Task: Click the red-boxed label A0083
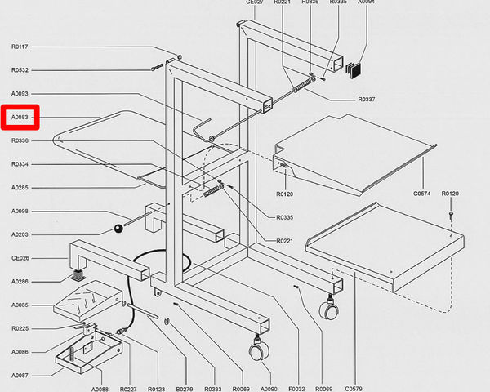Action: click(x=20, y=118)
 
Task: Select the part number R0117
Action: click(x=20, y=47)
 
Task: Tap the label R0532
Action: click(x=20, y=70)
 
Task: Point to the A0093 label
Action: click(x=20, y=94)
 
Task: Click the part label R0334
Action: click(x=20, y=165)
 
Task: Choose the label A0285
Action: click(x=20, y=188)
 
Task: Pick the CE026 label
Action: click(x=20, y=258)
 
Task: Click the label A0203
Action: click(x=20, y=235)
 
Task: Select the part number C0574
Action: click(x=421, y=194)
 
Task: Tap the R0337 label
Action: click(x=367, y=100)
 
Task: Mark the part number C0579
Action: click(x=354, y=388)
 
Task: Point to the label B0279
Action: click(x=185, y=388)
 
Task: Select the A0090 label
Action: click(x=269, y=388)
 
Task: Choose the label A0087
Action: click(x=20, y=376)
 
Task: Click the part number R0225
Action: click(x=20, y=329)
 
